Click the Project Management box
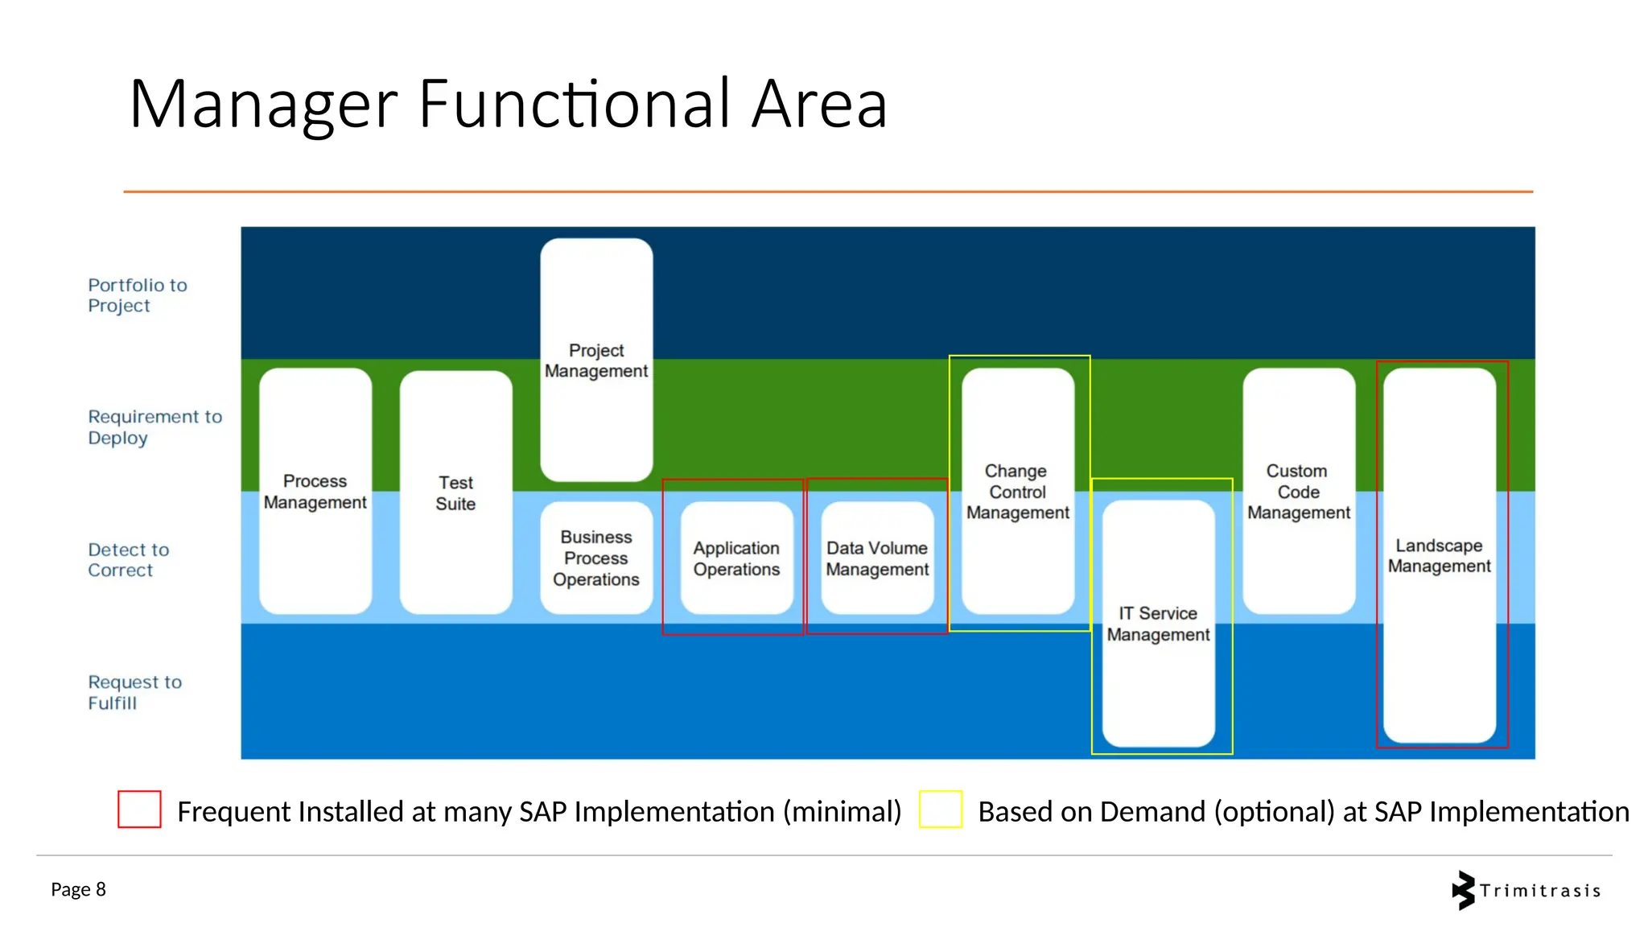(x=596, y=360)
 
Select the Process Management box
(x=315, y=491)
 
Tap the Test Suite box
(x=455, y=492)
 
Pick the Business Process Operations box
(x=596, y=558)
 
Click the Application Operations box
(x=736, y=558)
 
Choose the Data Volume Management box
(x=877, y=558)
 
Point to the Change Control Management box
(x=1018, y=491)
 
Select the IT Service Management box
(x=1158, y=624)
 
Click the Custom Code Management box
(x=1299, y=491)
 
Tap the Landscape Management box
(x=1440, y=555)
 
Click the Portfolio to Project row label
(x=138, y=295)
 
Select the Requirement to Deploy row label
(x=154, y=427)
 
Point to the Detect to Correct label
(x=129, y=560)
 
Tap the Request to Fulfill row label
(x=134, y=692)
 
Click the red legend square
(x=139, y=810)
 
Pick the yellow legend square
(x=941, y=810)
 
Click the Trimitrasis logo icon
(x=1464, y=890)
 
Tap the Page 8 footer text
(x=78, y=889)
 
